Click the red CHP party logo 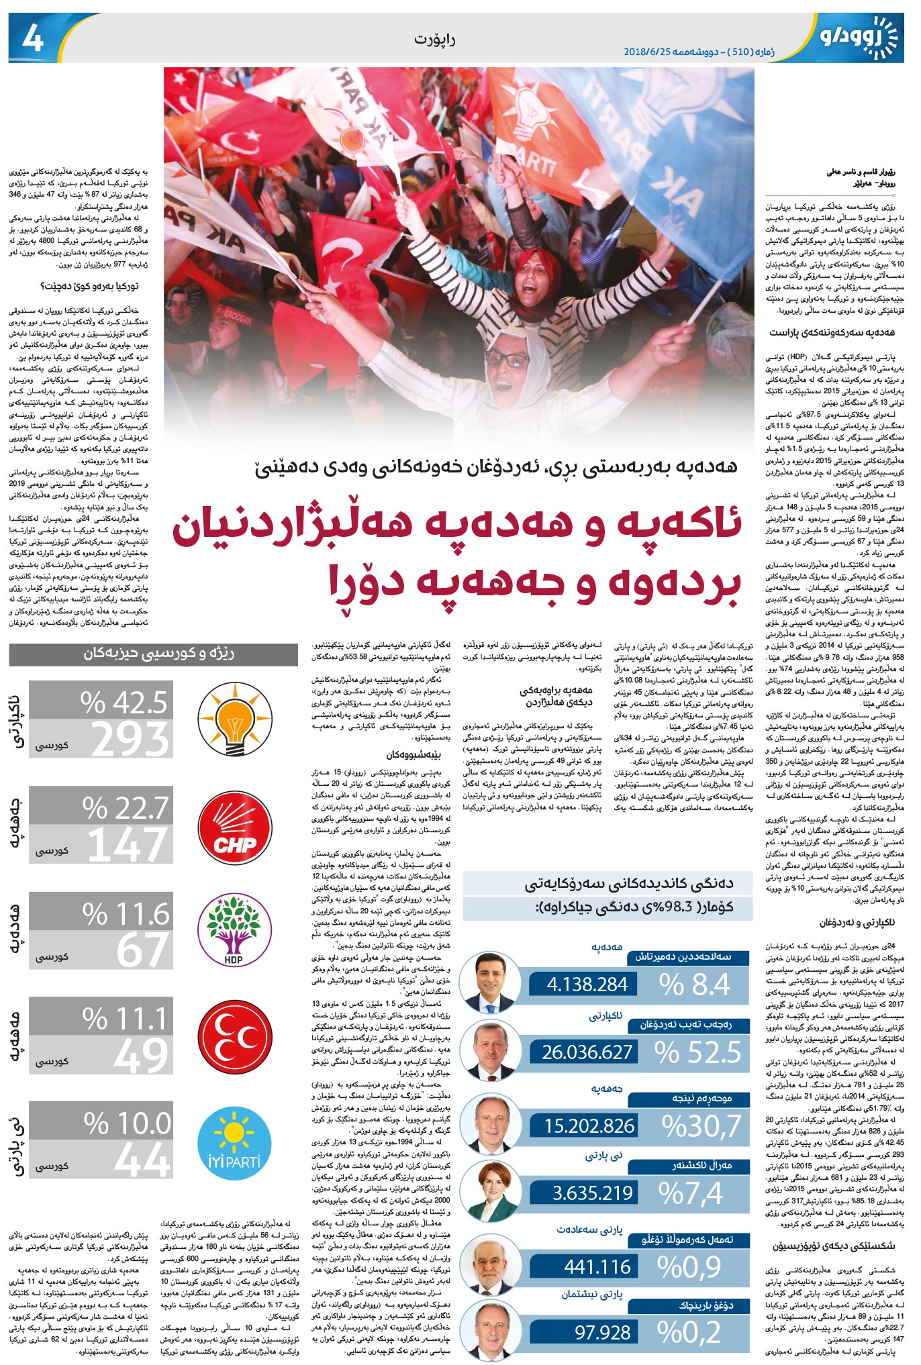click(235, 827)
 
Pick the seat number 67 click(142, 950)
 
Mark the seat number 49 click(141, 1055)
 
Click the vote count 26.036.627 click(587, 1052)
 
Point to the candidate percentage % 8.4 click(695, 984)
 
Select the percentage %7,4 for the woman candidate click(691, 1193)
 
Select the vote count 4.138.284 click(587, 984)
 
